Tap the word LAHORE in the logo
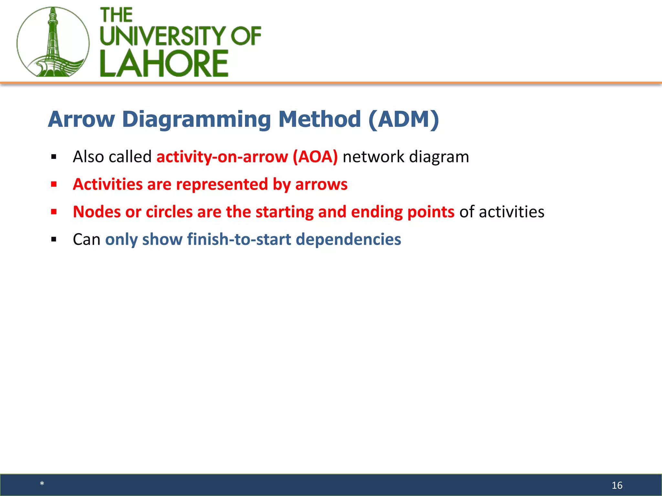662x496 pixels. pyautogui.click(x=164, y=64)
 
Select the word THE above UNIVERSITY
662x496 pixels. pyautogui.click(x=116, y=15)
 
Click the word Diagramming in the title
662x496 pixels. pyautogui.click(x=197, y=120)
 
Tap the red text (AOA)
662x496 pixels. pyautogui.click(x=315, y=157)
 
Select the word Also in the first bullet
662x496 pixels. pyautogui.click(x=88, y=157)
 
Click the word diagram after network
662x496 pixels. pyautogui.click(x=439, y=157)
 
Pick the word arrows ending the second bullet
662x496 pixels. pyautogui.click(x=321, y=184)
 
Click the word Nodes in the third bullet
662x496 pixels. pyautogui.click(x=97, y=212)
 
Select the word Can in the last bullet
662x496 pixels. pyautogui.click(x=86, y=240)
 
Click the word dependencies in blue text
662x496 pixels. pyautogui.click(x=348, y=240)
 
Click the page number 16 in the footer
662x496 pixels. pyautogui.click(x=617, y=485)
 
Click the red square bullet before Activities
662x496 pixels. pyautogui.click(x=54, y=184)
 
